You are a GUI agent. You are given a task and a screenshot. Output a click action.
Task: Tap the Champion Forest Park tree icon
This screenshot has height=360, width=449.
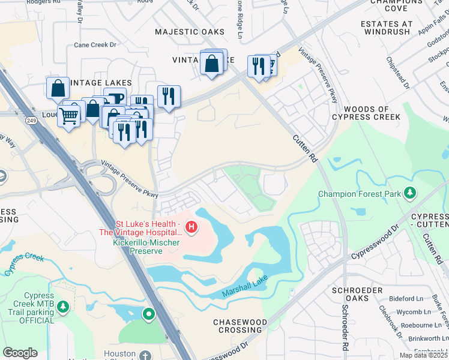[410, 193]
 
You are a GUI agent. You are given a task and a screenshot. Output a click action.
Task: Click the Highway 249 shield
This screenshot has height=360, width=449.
[29, 121]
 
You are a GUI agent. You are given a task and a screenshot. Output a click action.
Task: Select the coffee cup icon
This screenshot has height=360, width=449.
[115, 98]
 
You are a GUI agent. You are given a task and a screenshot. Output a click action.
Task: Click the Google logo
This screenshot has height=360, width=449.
[20, 353]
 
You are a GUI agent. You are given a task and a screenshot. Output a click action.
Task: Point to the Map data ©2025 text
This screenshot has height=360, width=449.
[423, 355]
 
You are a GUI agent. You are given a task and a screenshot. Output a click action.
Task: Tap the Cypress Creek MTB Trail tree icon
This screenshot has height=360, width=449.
[64, 307]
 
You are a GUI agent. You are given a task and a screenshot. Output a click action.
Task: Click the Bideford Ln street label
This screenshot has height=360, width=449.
[406, 298]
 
